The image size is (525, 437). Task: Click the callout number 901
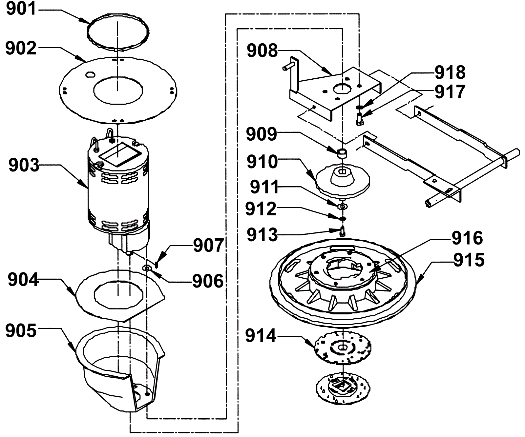(22, 9)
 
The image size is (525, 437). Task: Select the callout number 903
(24, 166)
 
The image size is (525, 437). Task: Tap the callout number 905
(21, 331)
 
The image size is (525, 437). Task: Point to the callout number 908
(262, 51)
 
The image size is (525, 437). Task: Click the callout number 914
(261, 336)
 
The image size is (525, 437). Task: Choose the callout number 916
(467, 238)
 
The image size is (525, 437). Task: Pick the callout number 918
(450, 73)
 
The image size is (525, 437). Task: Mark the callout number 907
(208, 246)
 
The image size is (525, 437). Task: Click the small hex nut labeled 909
(342, 152)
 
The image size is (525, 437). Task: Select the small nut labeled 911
(342, 206)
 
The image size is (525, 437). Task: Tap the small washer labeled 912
(342, 218)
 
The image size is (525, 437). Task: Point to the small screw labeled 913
(342, 232)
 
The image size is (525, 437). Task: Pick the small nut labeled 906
(147, 268)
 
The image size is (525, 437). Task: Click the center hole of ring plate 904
(118, 295)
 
